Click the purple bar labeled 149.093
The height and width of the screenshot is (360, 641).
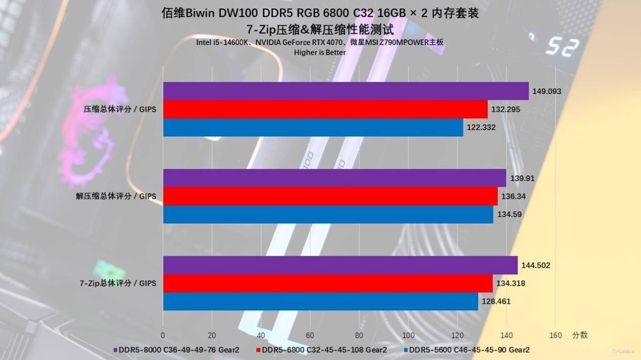coord(346,91)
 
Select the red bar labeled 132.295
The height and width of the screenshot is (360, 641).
coord(325,109)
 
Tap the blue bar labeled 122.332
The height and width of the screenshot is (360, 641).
coord(313,127)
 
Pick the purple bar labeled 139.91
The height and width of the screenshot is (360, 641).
coord(334,178)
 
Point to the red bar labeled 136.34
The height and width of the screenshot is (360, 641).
coord(330,196)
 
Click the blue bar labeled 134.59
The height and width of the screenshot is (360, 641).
coord(328,214)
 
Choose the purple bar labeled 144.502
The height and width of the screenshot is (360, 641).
coord(340,265)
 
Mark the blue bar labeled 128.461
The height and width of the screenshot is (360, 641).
coord(320,302)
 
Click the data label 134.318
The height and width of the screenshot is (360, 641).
coord(510,284)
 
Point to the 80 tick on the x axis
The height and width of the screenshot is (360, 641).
coord(359,335)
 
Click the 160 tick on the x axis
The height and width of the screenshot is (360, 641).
coord(555,335)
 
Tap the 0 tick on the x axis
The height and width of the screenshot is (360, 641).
coord(163,335)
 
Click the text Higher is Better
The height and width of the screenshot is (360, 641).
coord(320,52)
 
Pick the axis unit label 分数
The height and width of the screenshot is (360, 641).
coord(580,335)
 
